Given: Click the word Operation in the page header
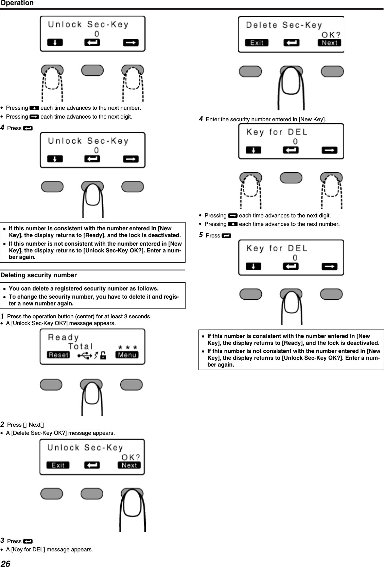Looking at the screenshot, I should (17, 3).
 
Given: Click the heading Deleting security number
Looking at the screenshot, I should (39, 275).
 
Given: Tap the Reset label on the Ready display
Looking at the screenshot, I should (58, 355).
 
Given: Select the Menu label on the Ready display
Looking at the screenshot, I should (127, 355).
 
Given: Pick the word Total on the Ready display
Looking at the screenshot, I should (81, 346).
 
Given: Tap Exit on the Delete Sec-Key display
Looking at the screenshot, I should (257, 43).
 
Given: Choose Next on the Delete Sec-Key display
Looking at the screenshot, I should (329, 43).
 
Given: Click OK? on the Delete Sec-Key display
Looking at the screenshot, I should (331, 35).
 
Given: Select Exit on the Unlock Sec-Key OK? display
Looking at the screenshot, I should (58, 465).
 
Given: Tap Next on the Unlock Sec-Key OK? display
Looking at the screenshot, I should (129, 465).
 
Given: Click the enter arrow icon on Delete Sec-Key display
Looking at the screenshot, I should (291, 43).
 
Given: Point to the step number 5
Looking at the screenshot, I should (201, 235).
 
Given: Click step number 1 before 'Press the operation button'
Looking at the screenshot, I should (2, 316).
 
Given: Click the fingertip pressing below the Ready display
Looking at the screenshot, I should (91, 394).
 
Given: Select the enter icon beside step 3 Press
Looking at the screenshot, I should (29, 541).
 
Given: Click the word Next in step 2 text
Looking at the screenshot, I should (34, 425).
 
